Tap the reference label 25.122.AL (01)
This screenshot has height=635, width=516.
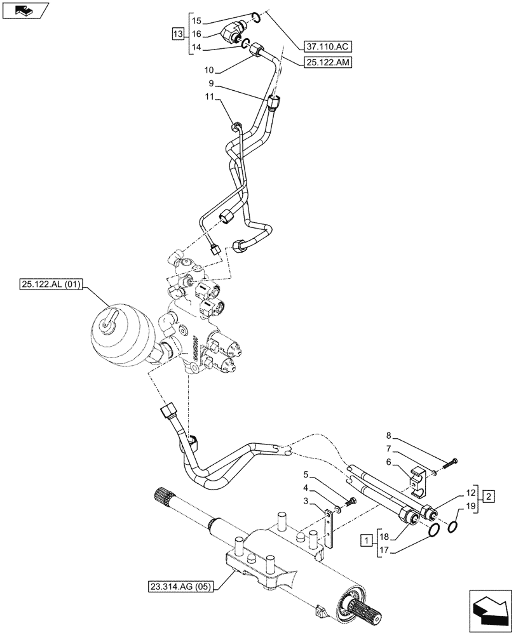(x=49, y=285)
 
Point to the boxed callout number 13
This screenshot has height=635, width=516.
(x=179, y=32)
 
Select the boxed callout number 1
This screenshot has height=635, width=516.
(x=367, y=540)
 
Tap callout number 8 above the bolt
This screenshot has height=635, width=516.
(x=389, y=436)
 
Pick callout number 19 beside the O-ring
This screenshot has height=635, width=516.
(x=470, y=506)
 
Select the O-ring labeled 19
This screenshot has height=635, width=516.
(x=455, y=527)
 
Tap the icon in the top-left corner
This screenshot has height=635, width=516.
(x=25, y=11)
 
